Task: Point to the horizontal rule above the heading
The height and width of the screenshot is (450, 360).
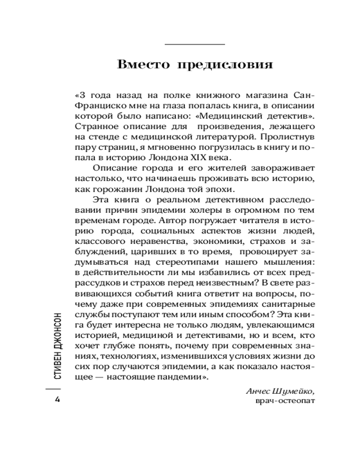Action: click(x=195, y=45)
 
